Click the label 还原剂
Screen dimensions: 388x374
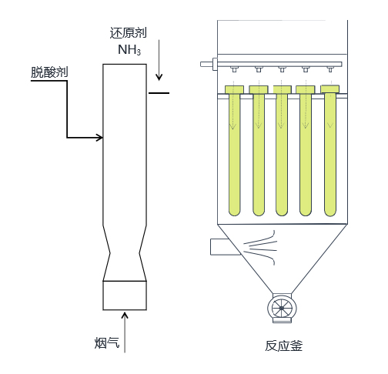click(128, 33)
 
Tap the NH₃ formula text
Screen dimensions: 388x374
click(129, 50)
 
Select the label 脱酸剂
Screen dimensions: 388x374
click(49, 72)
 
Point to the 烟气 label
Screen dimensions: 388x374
click(107, 342)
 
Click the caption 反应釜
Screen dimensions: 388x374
click(283, 346)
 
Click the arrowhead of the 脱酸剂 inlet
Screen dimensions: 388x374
click(99, 138)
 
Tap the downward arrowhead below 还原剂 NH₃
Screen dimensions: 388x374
click(159, 77)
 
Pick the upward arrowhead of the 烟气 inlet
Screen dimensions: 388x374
click(125, 316)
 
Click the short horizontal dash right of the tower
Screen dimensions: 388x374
click(159, 93)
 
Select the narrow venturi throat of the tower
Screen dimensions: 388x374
click(125, 253)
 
